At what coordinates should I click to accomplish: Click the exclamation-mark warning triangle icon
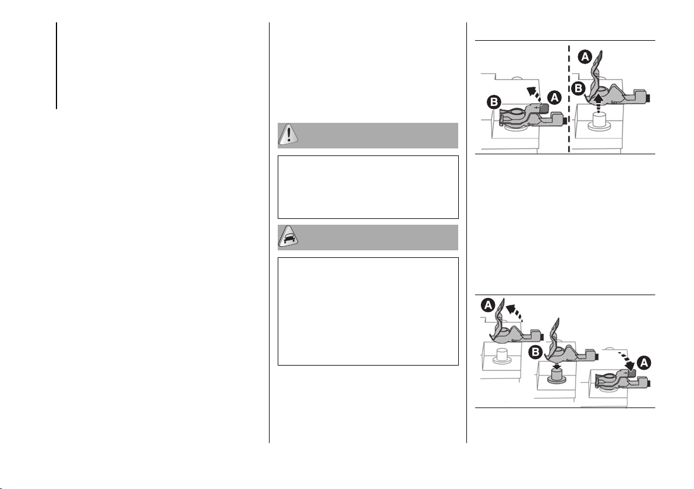tap(288, 134)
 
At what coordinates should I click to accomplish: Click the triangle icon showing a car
tap(288, 237)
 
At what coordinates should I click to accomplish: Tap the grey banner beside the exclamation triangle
tap(378, 136)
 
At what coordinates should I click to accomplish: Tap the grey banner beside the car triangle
tap(378, 238)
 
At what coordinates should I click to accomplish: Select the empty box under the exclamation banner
tap(368, 187)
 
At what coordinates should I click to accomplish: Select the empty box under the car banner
tap(368, 311)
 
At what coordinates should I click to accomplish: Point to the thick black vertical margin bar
tap(56, 66)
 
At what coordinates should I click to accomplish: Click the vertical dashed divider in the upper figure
tap(569, 98)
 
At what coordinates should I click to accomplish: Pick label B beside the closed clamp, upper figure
tap(494, 102)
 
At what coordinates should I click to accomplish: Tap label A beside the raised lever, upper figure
tap(585, 56)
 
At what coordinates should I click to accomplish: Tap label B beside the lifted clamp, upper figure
tap(578, 88)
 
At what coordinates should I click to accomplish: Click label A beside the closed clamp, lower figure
tap(644, 363)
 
